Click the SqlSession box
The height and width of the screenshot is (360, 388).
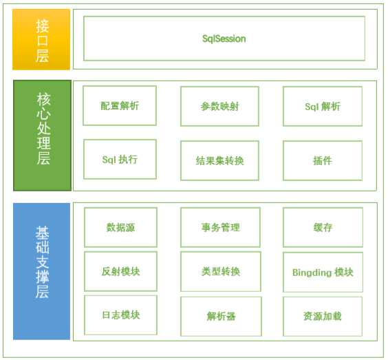click(x=224, y=39)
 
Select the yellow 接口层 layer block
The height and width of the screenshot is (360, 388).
click(x=41, y=39)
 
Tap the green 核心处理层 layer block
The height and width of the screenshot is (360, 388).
click(x=42, y=136)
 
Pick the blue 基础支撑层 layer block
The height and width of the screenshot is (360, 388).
click(x=42, y=271)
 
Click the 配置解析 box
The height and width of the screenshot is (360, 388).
click(x=120, y=106)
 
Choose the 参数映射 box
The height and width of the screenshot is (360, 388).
click(x=219, y=107)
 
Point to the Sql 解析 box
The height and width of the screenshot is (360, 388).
click(x=322, y=107)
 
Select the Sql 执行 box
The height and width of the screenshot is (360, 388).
click(x=120, y=160)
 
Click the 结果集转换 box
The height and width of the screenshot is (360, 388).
click(x=219, y=160)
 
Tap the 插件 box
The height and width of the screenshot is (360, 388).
click(x=322, y=160)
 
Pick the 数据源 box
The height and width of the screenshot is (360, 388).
click(x=120, y=227)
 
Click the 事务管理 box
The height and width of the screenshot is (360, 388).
click(x=220, y=227)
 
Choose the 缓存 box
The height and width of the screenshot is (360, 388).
click(x=322, y=227)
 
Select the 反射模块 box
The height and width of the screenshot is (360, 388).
click(x=120, y=272)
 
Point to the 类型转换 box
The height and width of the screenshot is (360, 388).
click(x=220, y=272)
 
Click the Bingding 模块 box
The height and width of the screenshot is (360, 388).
click(x=322, y=273)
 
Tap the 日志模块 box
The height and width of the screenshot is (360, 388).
click(x=120, y=315)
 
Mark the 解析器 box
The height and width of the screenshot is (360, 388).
click(x=220, y=317)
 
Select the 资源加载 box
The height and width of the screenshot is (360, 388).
click(x=322, y=317)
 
